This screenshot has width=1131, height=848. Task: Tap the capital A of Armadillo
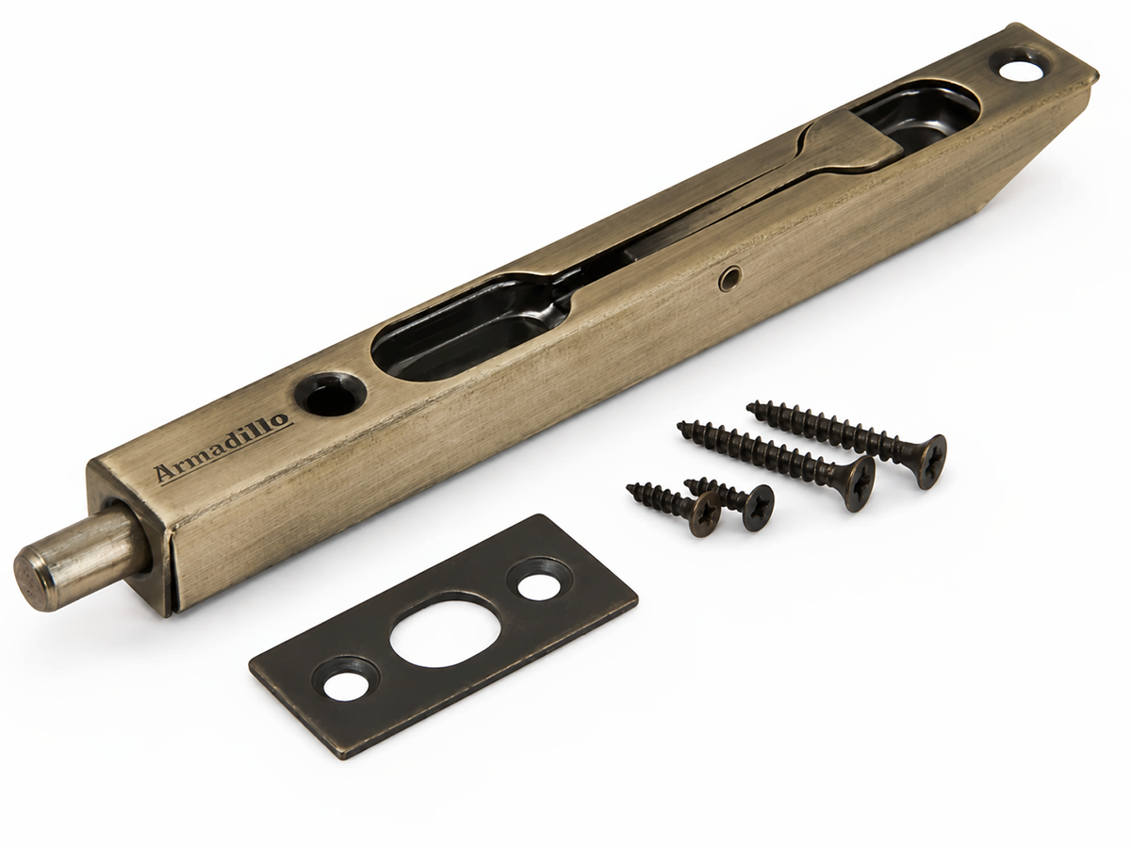coord(165,474)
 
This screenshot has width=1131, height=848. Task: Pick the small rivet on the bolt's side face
coord(729,278)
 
